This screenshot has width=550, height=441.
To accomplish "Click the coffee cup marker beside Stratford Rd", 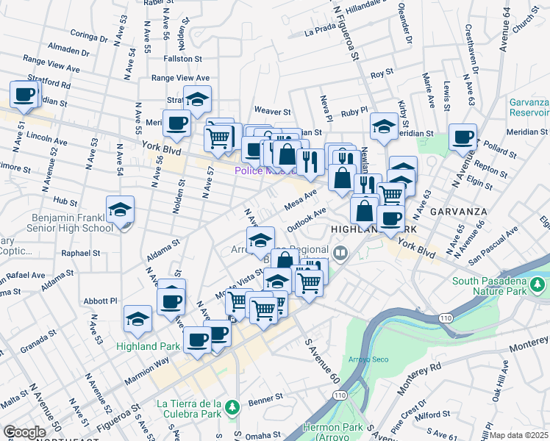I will [24, 95].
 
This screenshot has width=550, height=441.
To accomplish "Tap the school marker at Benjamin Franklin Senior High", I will [120, 211].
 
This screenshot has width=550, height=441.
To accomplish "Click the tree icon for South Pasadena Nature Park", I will [538, 284].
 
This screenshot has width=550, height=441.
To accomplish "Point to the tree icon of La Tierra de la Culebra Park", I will [232, 406].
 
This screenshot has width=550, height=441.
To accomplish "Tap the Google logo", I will [24, 432].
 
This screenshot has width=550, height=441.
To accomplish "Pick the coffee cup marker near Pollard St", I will [463, 137].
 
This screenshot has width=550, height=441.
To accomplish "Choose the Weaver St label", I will [272, 111].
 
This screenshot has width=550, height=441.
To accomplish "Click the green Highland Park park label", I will [147, 345].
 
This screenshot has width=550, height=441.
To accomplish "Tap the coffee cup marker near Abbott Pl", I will [171, 301].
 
